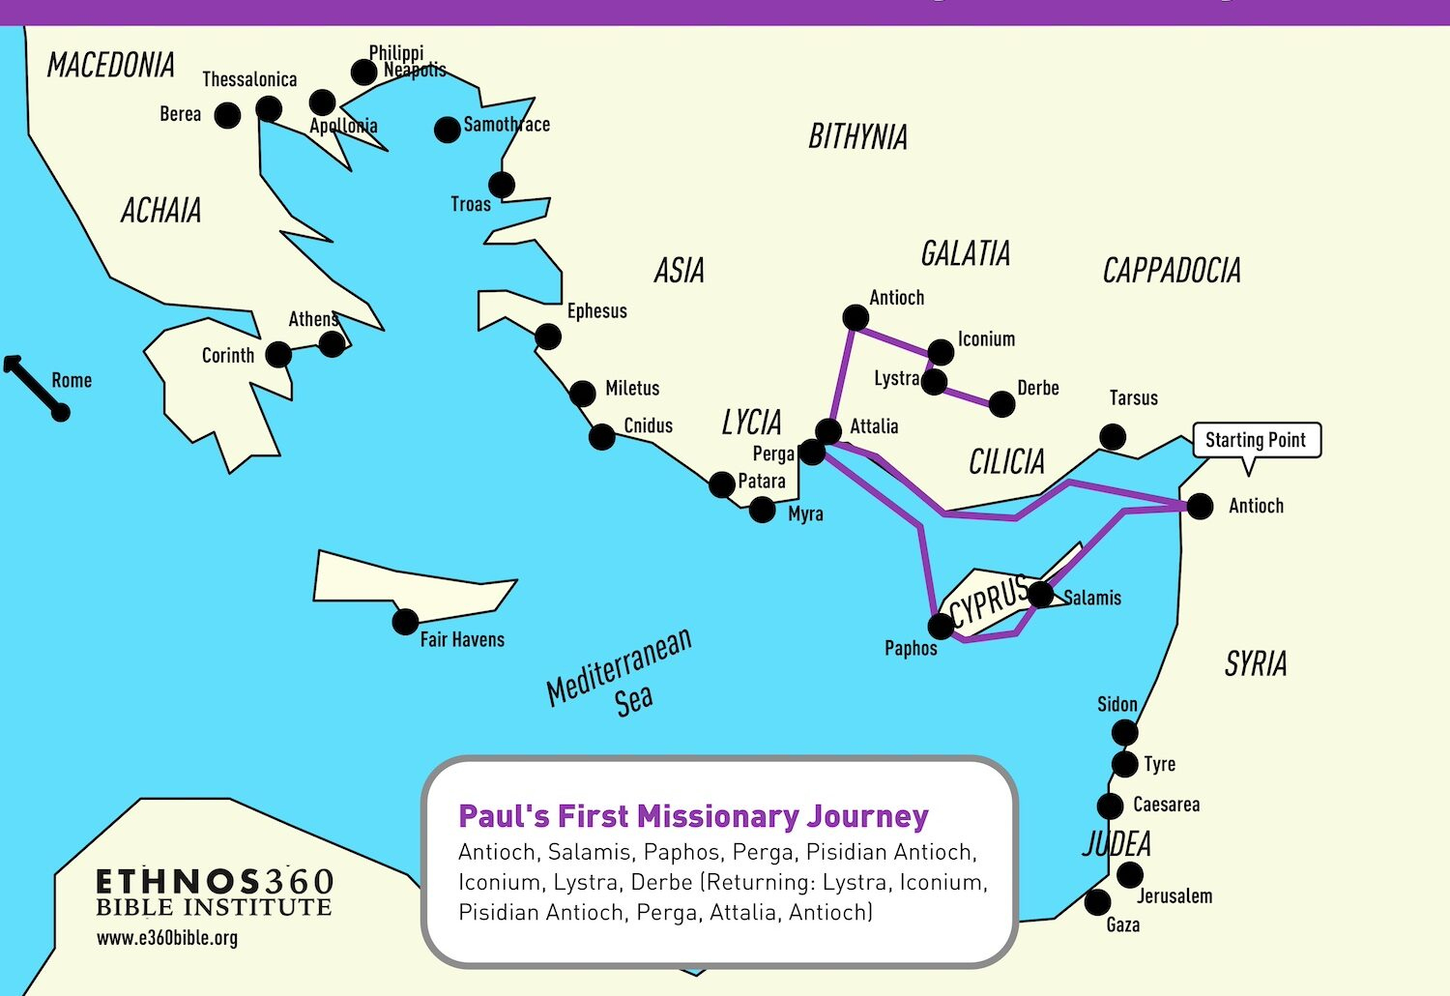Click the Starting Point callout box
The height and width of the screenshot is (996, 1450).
coord(1256,440)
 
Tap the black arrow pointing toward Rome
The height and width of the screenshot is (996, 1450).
coord(33,386)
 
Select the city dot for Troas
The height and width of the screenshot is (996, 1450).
coord(501,184)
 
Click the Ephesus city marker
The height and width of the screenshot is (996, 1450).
coord(548,337)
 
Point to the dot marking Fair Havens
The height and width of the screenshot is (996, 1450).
coord(405,621)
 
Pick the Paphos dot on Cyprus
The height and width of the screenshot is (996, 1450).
coord(941,627)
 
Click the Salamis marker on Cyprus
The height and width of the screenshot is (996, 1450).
coord(1040,594)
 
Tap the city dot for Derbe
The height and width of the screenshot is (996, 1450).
coord(1002,404)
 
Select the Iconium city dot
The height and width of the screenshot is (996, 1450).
coord(941,352)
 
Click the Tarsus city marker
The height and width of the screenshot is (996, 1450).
coord(1113,437)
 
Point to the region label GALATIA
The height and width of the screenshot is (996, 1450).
coord(965,254)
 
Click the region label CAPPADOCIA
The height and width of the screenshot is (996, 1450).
coord(1172,271)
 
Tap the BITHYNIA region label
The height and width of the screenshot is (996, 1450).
coord(857,137)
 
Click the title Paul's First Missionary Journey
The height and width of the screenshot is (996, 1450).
coord(693,816)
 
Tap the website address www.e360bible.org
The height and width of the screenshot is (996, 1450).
coord(167,938)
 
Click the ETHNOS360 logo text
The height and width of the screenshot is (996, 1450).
coord(215,882)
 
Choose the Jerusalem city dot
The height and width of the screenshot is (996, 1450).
coord(1129,874)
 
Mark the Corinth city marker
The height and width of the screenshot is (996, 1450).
coord(278,355)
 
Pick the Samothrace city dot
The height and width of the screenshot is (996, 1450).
coord(447,130)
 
